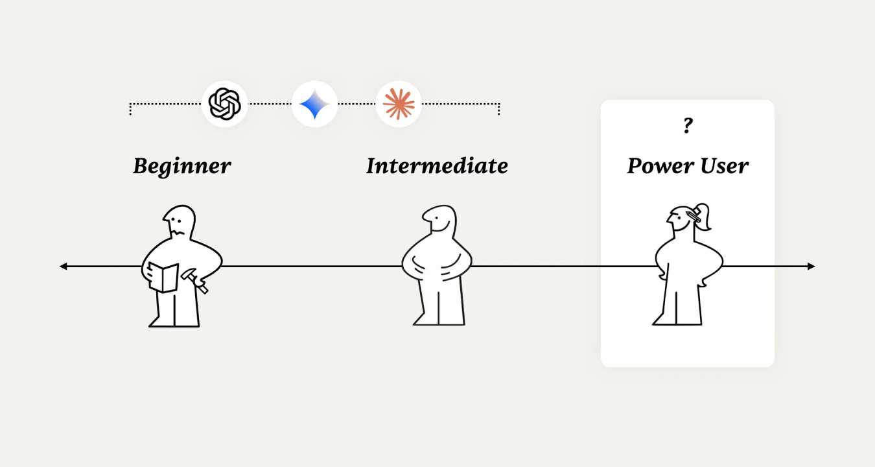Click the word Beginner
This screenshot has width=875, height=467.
[x=181, y=166]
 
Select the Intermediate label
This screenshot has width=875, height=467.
[x=437, y=166]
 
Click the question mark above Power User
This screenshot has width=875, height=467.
[x=688, y=126]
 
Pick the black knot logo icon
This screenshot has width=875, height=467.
[x=224, y=104]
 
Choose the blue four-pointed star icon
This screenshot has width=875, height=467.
[x=314, y=104]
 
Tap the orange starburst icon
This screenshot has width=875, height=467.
[x=399, y=104]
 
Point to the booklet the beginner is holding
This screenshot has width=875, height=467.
[x=163, y=278]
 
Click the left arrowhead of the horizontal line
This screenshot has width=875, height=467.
[x=63, y=266]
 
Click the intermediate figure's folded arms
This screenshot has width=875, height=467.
[x=436, y=267]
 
